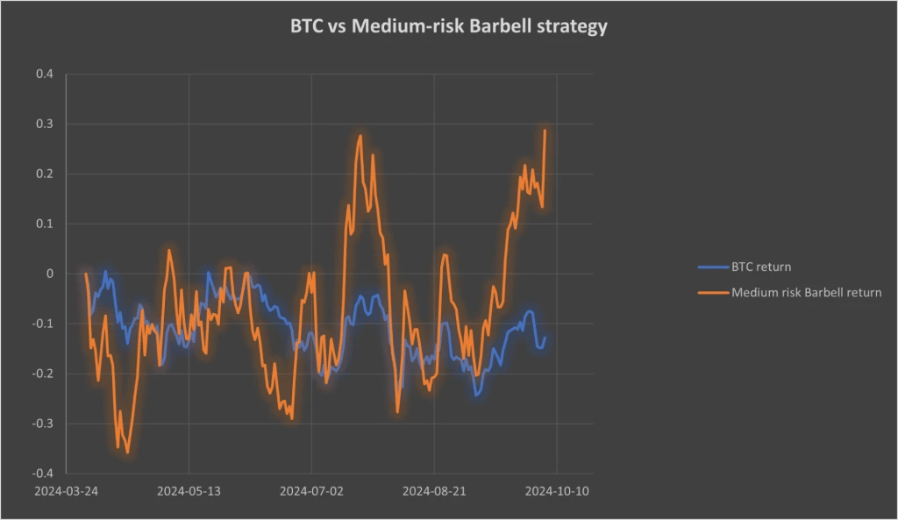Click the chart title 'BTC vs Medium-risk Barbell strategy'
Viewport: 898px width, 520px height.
click(x=448, y=26)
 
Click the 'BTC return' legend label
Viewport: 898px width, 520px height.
click(x=761, y=267)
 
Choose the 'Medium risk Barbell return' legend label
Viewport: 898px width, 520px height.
click(x=806, y=292)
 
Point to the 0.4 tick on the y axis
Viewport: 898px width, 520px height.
click(x=44, y=74)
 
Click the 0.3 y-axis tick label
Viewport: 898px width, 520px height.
click(x=44, y=124)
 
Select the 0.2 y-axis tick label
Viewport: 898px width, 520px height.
click(x=44, y=174)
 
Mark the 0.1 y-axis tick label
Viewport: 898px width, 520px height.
click(x=44, y=224)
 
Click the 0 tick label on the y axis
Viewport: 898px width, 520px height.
click(x=49, y=274)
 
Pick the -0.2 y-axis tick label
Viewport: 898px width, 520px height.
click(x=42, y=374)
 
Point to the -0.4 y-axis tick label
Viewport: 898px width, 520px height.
click(x=42, y=474)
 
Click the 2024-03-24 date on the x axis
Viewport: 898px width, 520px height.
click(x=67, y=491)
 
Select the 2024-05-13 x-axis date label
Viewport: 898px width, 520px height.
click(x=189, y=491)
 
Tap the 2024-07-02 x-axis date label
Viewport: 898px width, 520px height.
click(x=311, y=491)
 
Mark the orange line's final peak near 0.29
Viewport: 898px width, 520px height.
click(x=545, y=131)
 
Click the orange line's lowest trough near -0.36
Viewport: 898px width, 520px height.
click(x=128, y=452)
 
